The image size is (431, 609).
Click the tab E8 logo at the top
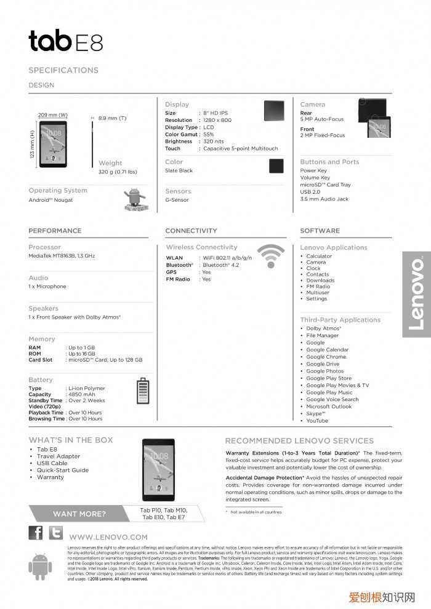65,41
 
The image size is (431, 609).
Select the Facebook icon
36,533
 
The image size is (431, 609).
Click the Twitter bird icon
55,533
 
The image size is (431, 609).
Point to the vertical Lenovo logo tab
416,294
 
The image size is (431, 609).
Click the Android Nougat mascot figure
134,198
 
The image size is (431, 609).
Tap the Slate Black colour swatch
276,166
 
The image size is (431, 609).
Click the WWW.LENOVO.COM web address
108,537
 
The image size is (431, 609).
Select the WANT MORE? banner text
79,514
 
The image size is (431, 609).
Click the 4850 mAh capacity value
83,394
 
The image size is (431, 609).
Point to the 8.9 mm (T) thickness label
112,118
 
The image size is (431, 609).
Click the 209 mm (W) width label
53,115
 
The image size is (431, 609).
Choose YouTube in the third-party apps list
317,421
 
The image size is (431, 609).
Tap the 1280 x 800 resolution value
217,120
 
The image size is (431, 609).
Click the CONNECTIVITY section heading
191,231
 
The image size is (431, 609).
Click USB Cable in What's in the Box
52,463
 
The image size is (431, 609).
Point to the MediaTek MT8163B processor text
62,255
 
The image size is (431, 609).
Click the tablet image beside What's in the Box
158,469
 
